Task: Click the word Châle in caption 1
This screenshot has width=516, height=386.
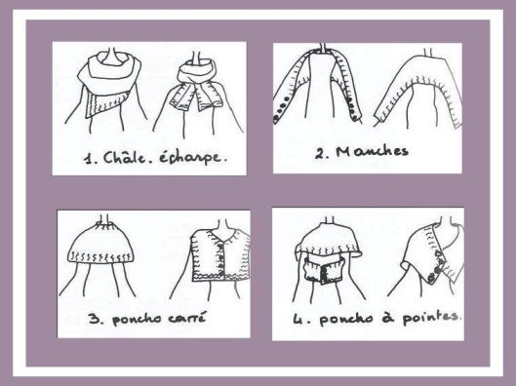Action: click(x=125, y=158)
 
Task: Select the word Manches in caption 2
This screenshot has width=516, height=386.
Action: click(x=373, y=151)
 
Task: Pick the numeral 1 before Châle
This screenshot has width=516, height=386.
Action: click(x=88, y=159)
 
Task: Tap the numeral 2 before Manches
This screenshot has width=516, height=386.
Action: click(x=319, y=153)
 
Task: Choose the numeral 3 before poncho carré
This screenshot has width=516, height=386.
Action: click(x=94, y=319)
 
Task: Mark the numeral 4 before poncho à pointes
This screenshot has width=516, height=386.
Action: click(x=298, y=319)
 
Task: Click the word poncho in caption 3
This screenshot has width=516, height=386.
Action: click(x=137, y=320)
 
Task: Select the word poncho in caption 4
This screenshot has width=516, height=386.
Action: click(x=346, y=319)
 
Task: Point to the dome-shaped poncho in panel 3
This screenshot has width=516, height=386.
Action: click(x=100, y=244)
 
